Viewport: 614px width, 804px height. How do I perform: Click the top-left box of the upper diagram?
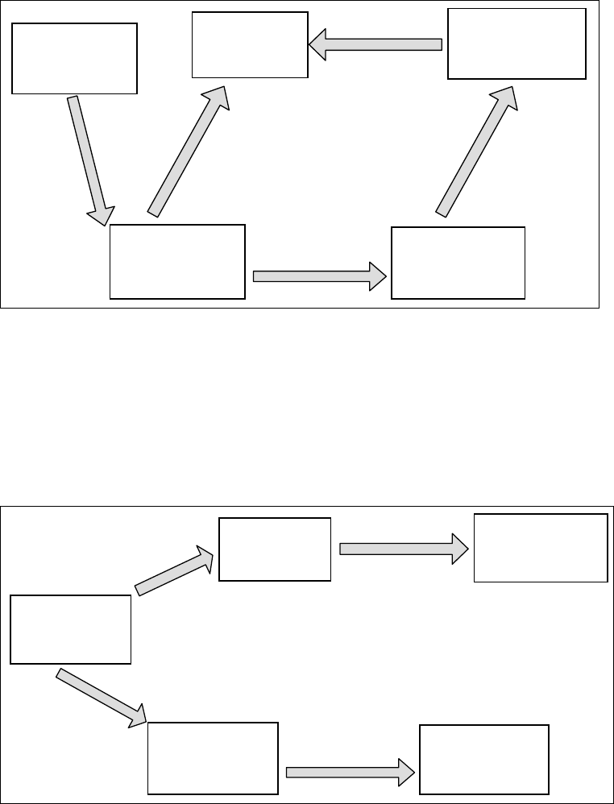click(x=74, y=58)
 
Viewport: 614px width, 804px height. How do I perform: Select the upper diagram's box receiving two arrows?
click(x=250, y=45)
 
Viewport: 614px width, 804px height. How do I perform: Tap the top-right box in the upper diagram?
click(x=517, y=44)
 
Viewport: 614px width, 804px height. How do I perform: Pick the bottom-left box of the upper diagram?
click(x=177, y=262)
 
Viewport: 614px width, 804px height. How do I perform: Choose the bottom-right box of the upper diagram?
click(x=458, y=263)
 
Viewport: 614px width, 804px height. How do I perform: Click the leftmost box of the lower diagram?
click(x=71, y=629)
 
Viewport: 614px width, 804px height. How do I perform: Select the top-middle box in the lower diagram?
click(x=275, y=549)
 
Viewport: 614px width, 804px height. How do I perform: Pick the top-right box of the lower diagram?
click(x=541, y=547)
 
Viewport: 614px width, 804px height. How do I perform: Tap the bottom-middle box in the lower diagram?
click(x=213, y=758)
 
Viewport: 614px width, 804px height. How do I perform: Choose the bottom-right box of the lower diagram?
click(x=484, y=759)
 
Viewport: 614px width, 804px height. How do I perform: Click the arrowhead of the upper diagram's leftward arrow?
click(x=317, y=45)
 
